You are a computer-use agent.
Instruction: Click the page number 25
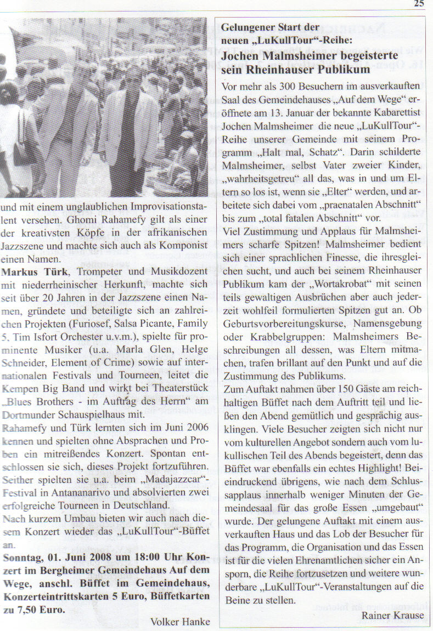pyautogui.click(x=419, y=4)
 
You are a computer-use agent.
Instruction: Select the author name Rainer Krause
pyautogui.click(x=393, y=615)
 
